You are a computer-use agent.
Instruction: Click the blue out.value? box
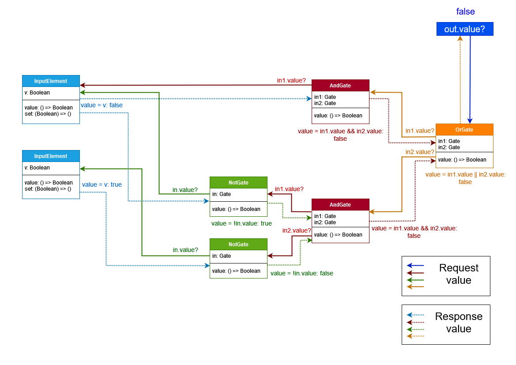464,29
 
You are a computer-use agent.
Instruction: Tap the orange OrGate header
464,130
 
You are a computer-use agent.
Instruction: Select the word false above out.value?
465,12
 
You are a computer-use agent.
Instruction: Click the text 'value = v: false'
102,105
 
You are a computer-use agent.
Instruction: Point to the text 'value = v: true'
102,184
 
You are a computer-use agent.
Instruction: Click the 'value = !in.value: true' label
241,223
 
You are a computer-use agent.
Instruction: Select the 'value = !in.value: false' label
301,273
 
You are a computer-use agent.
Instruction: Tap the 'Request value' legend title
459,274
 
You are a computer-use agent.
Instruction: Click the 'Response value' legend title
459,323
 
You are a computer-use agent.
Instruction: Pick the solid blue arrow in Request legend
415,266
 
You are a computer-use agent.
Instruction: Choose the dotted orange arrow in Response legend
415,336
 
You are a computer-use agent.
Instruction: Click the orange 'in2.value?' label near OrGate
420,152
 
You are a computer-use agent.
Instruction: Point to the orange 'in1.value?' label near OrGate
420,131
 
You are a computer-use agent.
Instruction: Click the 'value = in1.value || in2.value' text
465,175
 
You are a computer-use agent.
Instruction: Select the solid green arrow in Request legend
415,280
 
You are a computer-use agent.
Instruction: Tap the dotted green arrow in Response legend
415,329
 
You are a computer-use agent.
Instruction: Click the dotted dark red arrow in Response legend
415,322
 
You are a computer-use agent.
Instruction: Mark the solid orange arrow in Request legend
415,287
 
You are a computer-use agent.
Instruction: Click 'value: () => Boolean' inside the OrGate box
462,160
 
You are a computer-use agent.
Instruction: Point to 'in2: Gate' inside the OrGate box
449,147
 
